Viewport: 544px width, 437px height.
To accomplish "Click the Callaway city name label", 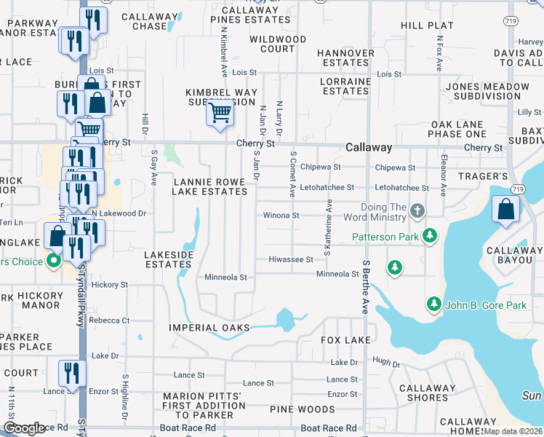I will pos(369,147).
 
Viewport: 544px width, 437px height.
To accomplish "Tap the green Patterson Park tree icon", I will pos(431,236).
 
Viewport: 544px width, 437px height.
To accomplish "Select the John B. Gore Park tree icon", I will pos(433,304).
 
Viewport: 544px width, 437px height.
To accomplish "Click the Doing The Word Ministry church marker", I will pos(417,212).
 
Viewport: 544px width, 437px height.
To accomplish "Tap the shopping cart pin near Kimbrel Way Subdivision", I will pos(220,113).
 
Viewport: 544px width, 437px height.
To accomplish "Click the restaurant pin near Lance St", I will pos(73,373).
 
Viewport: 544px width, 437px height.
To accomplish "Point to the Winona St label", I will pos(281,216).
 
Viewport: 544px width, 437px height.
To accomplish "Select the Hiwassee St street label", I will pos(290,259).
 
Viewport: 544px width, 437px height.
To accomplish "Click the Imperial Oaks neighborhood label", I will pos(209,328).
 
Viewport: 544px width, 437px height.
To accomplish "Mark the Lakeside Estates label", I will pos(169,259).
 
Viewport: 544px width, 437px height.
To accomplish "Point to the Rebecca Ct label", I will pos(109,320).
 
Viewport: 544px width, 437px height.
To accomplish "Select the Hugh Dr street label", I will pos(386,362).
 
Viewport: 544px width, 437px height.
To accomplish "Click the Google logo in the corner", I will pos(25,429).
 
